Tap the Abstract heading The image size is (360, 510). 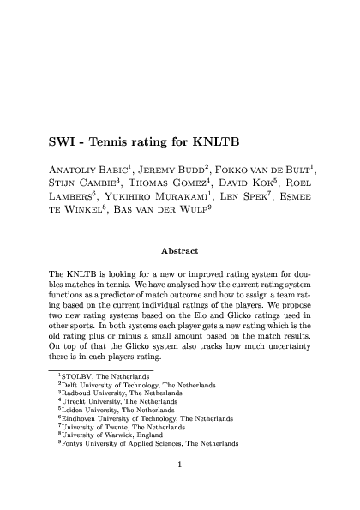[x=180, y=250]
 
